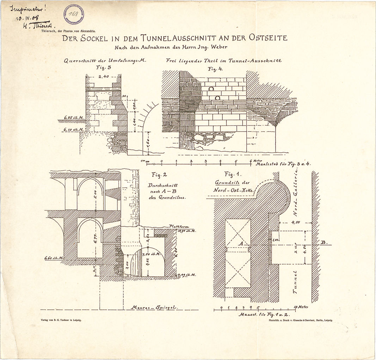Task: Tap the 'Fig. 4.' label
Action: click(215, 69)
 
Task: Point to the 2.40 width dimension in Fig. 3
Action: click(103, 77)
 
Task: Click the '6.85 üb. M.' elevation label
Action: click(74, 117)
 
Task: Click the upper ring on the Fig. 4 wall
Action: click(211, 89)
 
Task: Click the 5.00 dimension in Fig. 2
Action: click(95, 194)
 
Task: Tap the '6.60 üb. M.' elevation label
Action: click(54, 258)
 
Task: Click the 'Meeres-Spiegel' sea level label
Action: click(154, 307)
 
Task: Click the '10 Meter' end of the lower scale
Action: click(301, 307)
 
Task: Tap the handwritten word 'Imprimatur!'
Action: click(29, 8)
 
